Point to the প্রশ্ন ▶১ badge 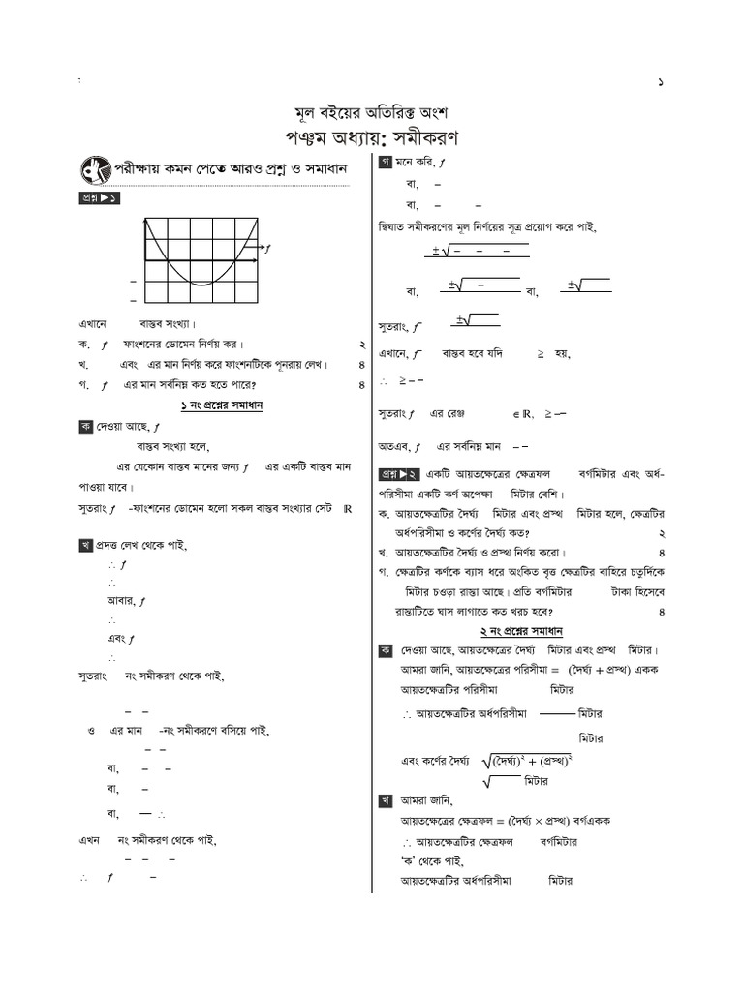tap(99, 199)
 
